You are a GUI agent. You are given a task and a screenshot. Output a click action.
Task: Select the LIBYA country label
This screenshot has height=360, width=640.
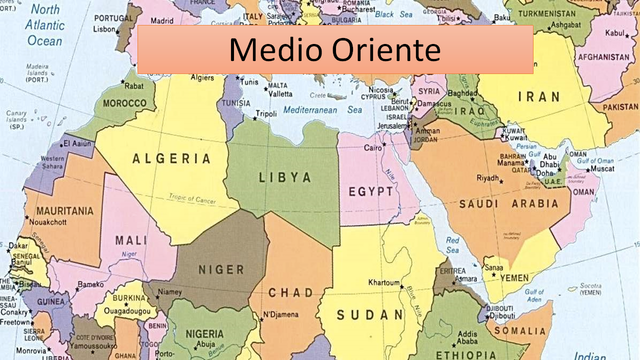point(285,177)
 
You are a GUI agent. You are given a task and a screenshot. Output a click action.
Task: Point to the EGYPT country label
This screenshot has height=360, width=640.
point(371,191)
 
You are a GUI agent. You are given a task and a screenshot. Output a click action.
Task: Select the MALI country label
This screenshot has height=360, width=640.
point(128,240)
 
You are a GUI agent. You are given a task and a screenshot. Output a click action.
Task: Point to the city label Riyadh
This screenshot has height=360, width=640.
point(487,179)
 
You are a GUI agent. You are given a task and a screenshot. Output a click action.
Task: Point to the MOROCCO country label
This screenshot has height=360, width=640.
point(127,102)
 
